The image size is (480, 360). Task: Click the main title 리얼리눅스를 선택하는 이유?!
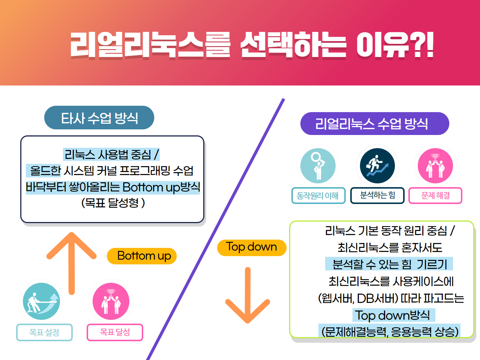tap(252, 45)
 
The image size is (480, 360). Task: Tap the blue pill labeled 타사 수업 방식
tap(99, 118)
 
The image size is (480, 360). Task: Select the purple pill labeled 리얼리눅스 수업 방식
tap(375, 123)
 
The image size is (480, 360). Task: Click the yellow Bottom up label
tap(142, 256)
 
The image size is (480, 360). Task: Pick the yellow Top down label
tap(252, 247)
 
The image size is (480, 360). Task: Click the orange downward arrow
tap(247, 295)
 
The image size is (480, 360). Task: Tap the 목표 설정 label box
tap(44, 332)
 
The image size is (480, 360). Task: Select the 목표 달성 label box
tap(115, 332)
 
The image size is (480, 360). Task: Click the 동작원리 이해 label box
tap(318, 195)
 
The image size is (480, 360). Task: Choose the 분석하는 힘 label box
tap(377, 195)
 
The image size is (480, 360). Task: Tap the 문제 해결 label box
tap(435, 195)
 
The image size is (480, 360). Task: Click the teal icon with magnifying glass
tap(318, 166)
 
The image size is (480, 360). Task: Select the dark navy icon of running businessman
tap(377, 166)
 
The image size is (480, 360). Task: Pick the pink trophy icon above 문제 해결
tap(435, 166)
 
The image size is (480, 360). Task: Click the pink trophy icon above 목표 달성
tap(111, 301)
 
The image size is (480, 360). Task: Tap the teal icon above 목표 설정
tap(41, 301)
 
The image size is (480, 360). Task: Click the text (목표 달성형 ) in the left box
tap(113, 203)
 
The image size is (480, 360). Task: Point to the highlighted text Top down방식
tap(394, 315)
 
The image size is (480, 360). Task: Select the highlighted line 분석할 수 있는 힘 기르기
tap(389, 264)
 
